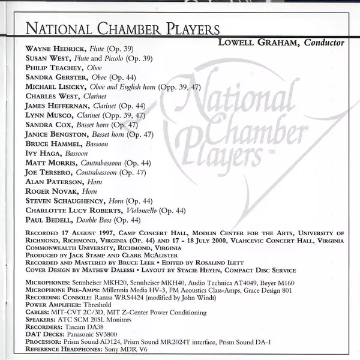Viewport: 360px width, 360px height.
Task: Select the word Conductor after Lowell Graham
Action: click(x=324, y=43)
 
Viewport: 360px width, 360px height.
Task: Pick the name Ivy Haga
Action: click(x=40, y=154)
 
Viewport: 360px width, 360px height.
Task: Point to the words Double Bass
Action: click(x=89, y=220)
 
